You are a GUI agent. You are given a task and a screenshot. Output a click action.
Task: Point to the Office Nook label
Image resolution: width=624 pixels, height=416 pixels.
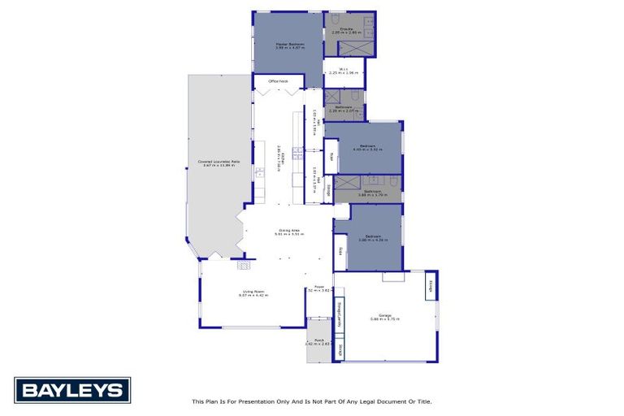click(279, 81)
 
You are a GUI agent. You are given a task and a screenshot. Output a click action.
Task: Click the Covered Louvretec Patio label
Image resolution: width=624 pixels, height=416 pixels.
click(219, 162)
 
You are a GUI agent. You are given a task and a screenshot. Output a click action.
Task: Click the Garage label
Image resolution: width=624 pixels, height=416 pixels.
click(385, 316)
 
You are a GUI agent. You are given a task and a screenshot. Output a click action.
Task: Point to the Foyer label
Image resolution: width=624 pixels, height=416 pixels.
click(319, 288)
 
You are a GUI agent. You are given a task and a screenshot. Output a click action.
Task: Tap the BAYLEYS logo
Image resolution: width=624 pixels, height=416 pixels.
click(72, 390)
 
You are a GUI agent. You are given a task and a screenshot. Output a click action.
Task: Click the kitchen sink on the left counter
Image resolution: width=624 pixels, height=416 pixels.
click(259, 171)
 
